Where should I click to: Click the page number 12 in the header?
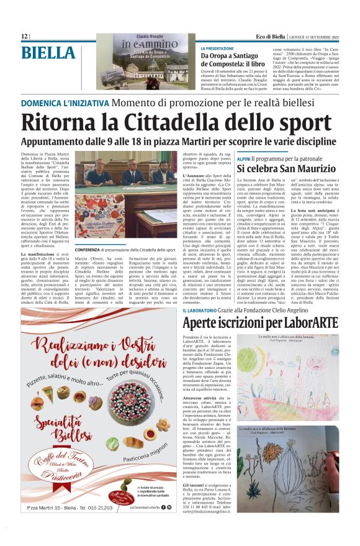24,37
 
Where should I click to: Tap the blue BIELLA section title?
48,54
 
